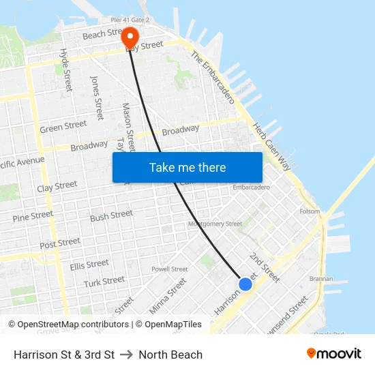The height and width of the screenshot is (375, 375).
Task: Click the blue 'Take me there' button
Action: click(187, 167)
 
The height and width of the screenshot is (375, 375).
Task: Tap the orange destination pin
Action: click(130, 37)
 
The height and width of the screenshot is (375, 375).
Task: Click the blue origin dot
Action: click(245, 284)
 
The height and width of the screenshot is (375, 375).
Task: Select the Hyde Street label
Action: click(66, 70)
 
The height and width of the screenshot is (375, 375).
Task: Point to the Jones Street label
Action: click(97, 97)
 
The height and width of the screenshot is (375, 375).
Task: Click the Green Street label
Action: click(63, 126)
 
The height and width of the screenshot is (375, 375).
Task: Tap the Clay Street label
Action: click(57, 186)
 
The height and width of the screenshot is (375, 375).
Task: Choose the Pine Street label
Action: click(33, 216)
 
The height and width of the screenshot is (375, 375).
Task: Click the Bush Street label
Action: click(112, 216)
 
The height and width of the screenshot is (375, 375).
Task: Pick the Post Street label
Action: click(60, 243)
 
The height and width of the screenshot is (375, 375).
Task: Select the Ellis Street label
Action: click(89, 264)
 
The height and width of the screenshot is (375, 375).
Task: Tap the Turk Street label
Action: click(104, 280)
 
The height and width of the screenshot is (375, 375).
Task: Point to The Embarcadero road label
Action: click(213, 76)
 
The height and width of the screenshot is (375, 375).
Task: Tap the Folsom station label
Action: click(310, 211)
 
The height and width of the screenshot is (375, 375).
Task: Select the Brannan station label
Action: click(321, 278)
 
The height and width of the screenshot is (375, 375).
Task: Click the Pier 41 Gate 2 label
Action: click(125, 20)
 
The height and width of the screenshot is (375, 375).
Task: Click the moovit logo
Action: click(334, 354)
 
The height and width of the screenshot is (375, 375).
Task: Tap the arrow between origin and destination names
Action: click(126, 355)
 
